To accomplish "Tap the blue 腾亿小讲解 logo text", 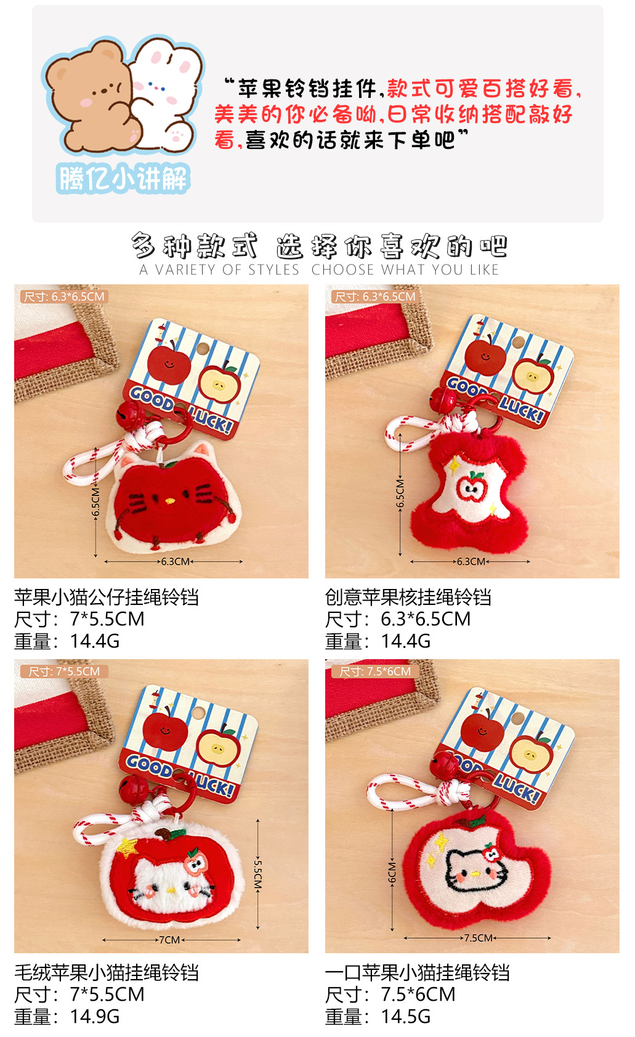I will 123,179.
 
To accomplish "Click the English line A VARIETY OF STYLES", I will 219,270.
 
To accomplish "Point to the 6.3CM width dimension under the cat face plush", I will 176,561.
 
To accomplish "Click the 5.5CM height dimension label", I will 258,874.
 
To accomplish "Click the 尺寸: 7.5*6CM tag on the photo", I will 375,671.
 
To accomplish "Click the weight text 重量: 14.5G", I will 378,1016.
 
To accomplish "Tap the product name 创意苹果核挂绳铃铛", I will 408,597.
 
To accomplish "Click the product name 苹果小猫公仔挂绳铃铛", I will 106,597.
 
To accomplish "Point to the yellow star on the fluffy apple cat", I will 127,847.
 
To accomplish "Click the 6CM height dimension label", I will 392,872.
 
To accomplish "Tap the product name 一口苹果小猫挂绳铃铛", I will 417,972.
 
